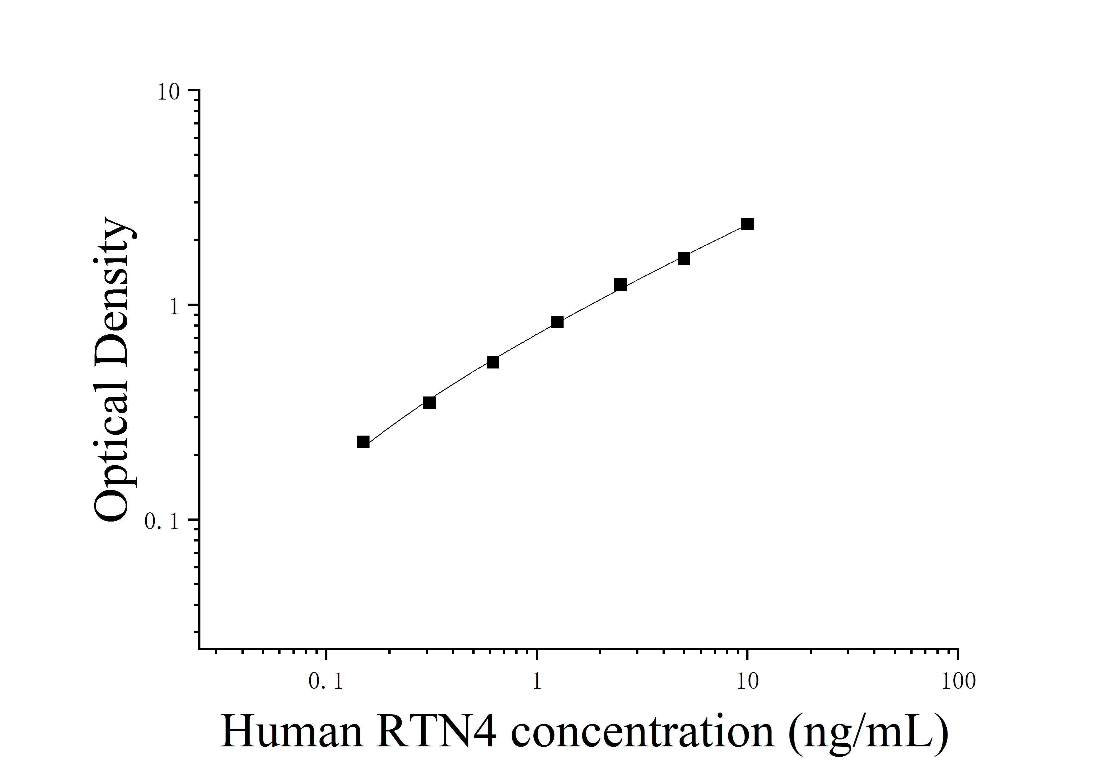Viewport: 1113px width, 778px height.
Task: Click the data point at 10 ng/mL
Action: [747, 224]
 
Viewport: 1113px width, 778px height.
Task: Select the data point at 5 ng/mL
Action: [684, 258]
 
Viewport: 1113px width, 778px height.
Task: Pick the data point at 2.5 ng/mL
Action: [620, 284]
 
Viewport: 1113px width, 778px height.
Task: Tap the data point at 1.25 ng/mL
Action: [557, 322]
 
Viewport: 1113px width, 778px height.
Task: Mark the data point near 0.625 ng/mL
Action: [493, 362]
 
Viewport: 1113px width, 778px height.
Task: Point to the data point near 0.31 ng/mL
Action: [429, 402]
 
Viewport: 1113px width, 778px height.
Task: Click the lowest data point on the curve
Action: [363, 442]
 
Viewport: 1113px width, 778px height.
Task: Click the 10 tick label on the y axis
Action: [168, 92]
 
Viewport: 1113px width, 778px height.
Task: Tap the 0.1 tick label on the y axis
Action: [162, 522]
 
